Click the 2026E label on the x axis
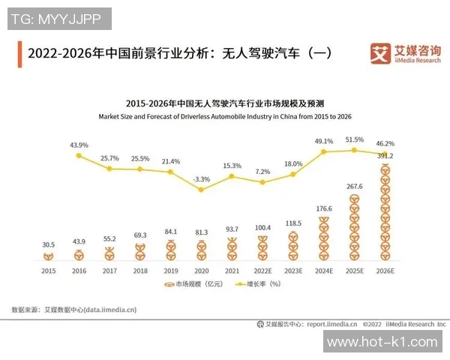385,271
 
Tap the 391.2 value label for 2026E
385,156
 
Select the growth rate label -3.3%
202,179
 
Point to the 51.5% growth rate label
354,139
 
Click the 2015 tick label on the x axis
48,271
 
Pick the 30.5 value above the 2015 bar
48,244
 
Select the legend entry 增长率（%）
259,285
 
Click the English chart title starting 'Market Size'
225,117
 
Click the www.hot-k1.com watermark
382,342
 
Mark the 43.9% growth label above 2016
79,145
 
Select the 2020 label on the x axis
202,271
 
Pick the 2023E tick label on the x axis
292,271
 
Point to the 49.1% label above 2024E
324,141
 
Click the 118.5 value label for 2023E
292,223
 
